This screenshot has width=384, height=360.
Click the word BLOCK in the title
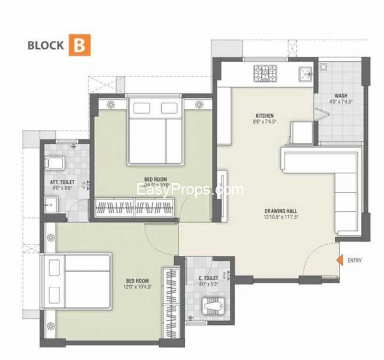tap(45, 45)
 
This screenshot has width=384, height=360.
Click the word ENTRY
tap(354, 261)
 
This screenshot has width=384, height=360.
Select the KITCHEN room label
tap(265, 116)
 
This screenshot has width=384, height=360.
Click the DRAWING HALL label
tap(281, 211)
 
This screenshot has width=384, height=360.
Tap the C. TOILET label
tap(209, 278)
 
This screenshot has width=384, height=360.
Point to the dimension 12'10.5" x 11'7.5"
tap(281, 217)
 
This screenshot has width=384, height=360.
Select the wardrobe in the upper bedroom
tap(135, 206)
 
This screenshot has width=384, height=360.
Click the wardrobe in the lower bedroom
tap(167, 302)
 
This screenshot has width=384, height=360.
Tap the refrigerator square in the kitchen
tap(301, 132)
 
